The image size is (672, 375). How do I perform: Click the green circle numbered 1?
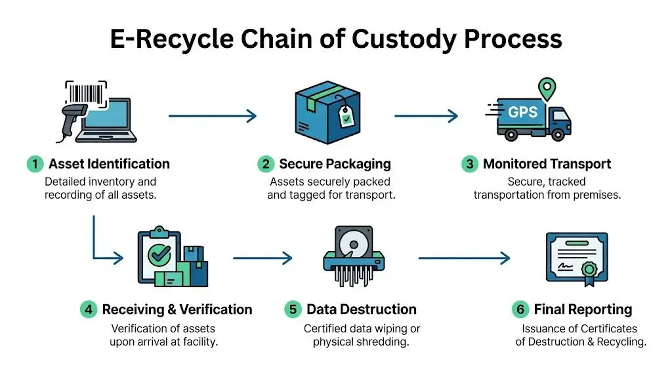[34, 164]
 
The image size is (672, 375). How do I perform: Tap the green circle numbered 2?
[266, 164]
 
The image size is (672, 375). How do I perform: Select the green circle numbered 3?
[469, 164]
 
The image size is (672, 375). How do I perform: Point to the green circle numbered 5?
[293, 309]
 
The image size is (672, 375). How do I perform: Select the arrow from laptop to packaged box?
[213, 117]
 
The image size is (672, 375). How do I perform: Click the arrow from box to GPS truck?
[426, 117]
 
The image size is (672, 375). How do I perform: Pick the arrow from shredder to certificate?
[464, 258]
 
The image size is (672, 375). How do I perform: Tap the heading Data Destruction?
[361, 309]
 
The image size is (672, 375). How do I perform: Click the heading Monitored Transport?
[547, 164]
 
